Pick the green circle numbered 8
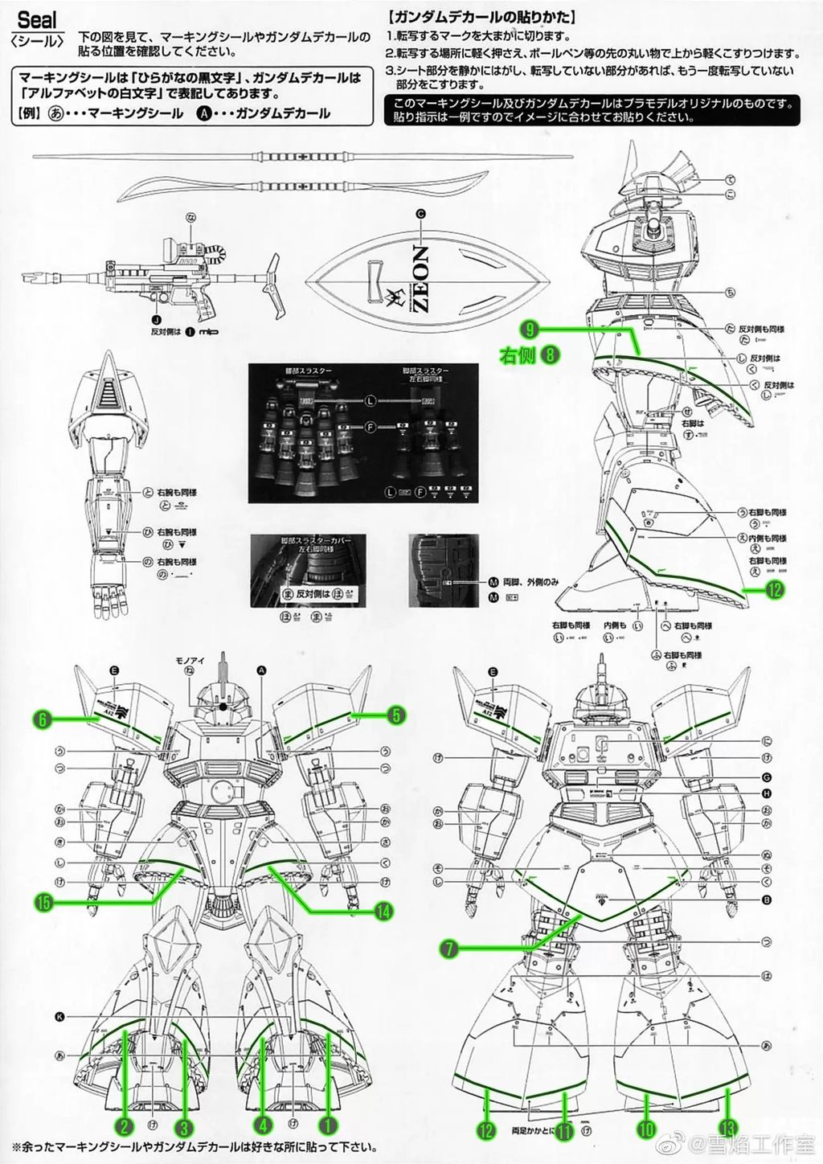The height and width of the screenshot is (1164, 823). pyautogui.click(x=551, y=355)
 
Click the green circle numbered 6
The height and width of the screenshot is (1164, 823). pyautogui.click(x=43, y=719)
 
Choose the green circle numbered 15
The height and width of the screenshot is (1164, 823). pyautogui.click(x=43, y=902)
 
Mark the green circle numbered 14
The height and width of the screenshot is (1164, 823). pyautogui.click(x=383, y=911)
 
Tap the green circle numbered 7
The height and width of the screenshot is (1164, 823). pyautogui.click(x=449, y=949)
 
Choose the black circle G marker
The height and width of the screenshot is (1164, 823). pyautogui.click(x=766, y=777)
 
